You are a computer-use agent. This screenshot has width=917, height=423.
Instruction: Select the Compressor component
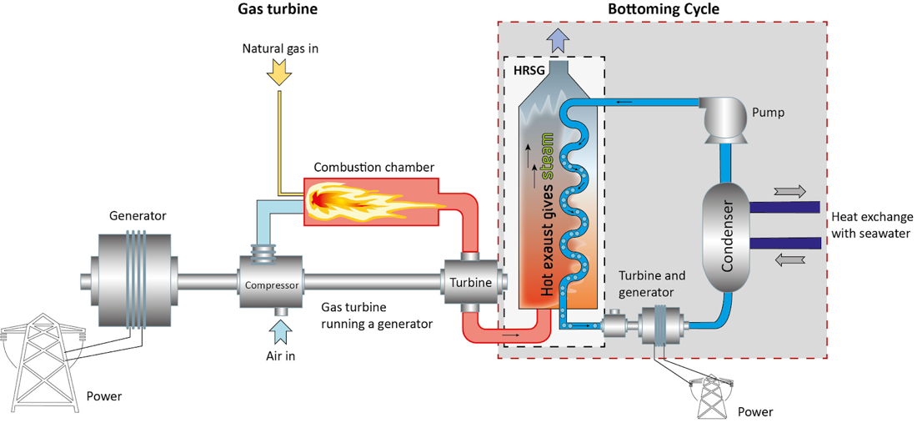click(x=271, y=285)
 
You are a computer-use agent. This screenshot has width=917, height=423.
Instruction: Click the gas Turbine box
click(x=471, y=283)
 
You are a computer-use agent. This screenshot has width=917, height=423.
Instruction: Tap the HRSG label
click(x=529, y=71)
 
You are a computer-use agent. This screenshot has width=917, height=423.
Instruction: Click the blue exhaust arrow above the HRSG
click(x=558, y=39)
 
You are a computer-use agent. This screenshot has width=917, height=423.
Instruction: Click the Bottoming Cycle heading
click(x=663, y=10)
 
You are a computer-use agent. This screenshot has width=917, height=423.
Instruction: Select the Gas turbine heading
click(x=278, y=10)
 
